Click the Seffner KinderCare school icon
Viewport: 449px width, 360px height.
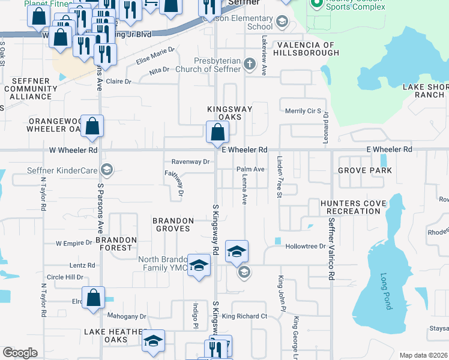click(107, 170)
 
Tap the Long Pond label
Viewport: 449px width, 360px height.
click(385, 291)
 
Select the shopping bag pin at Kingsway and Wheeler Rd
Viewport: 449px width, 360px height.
click(217, 132)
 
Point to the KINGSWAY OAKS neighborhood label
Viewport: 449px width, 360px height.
click(229, 113)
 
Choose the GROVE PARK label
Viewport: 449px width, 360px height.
click(364, 170)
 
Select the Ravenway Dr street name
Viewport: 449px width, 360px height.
click(190, 161)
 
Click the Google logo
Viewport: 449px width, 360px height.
click(20, 353)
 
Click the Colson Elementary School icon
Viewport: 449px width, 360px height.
click(281, 23)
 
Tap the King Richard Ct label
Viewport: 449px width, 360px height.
click(244, 316)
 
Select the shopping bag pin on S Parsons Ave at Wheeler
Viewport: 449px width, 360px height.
click(92, 126)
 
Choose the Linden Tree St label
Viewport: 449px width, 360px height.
click(279, 176)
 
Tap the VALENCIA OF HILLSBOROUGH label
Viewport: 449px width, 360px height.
click(306, 49)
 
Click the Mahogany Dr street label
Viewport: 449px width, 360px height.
click(127, 316)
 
